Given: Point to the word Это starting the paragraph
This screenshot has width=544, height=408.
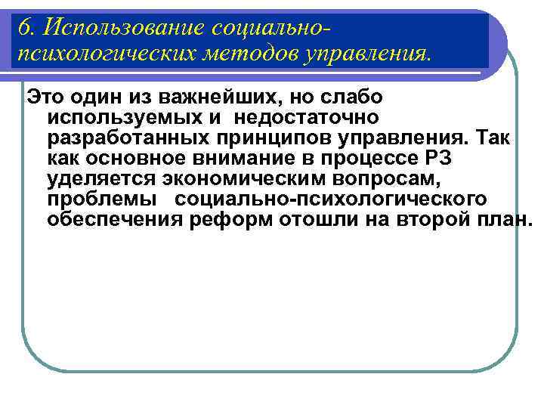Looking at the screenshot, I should pyautogui.click(x=42, y=97).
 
